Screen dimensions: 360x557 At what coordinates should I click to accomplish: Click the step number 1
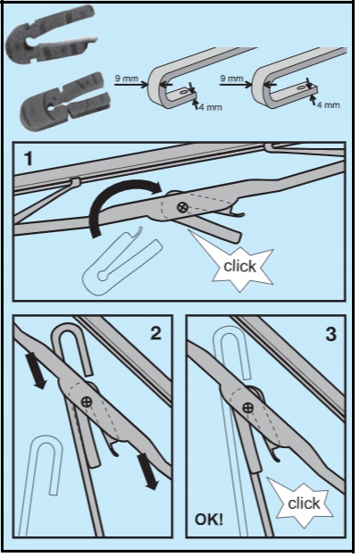[29, 159]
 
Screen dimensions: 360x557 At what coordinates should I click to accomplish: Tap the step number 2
[155, 333]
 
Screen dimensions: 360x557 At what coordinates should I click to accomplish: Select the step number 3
[331, 334]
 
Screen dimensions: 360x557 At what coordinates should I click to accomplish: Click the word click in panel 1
[240, 266]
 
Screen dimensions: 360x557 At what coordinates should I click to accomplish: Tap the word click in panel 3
[304, 503]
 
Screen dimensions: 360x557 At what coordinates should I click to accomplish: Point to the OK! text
[209, 520]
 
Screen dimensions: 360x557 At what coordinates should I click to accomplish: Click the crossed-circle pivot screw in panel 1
[182, 207]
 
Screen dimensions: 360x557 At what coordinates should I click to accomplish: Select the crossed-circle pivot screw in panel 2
[87, 402]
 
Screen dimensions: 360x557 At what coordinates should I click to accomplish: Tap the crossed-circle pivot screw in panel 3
[247, 407]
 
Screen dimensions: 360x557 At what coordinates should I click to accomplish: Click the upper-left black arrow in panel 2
[37, 370]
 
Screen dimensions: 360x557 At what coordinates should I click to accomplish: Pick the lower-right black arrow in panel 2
[149, 470]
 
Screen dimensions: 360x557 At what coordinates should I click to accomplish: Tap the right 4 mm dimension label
[328, 104]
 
